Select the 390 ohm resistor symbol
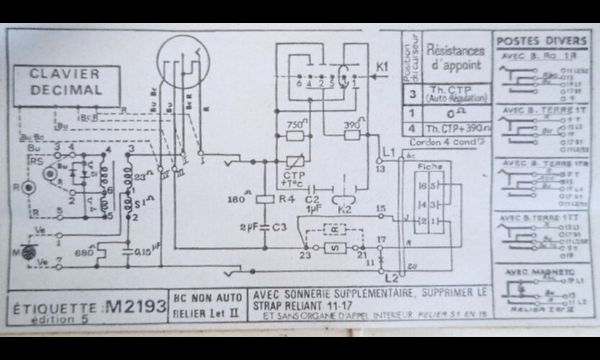[352, 135]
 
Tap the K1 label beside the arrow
[382, 67]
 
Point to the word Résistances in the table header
[455, 51]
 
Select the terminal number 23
[305, 256]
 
